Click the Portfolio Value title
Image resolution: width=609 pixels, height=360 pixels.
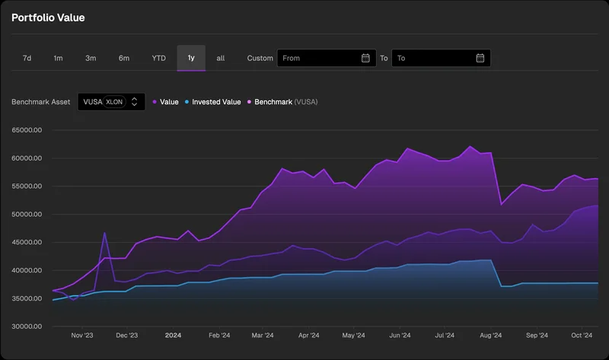48,18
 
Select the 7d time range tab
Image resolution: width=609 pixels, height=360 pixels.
27,58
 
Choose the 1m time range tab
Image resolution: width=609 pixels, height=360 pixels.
58,58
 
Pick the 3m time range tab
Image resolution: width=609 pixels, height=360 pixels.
91,58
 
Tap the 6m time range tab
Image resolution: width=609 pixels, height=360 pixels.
123,58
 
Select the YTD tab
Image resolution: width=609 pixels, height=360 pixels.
158,58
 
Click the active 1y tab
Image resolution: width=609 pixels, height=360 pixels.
191,58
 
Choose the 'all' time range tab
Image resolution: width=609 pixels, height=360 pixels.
221,58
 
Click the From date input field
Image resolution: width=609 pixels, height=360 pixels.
318,58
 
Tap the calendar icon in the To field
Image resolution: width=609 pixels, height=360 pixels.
480,58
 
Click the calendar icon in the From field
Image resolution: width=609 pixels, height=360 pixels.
365,58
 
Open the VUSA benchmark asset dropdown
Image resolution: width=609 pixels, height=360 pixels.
111,101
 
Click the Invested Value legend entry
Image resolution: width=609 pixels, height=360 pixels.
216,101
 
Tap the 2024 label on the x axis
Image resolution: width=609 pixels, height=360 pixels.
173,335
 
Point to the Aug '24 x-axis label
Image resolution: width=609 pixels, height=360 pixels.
491,335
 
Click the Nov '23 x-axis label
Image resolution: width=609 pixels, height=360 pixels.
82,335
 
